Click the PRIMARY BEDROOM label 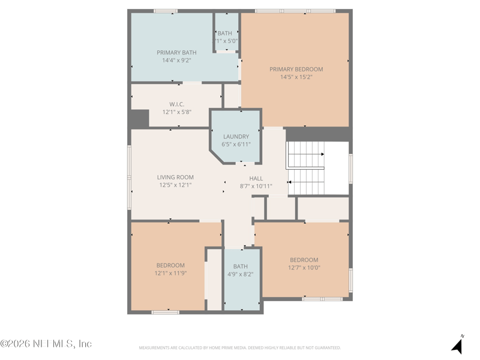point(296,69)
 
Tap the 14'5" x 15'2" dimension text point(296,77)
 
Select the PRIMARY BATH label point(176,52)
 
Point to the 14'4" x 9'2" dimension point(176,60)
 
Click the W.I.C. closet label point(176,104)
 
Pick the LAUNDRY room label point(236,136)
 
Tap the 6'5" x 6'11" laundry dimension point(236,144)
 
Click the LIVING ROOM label point(175,177)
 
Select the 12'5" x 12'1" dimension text point(175,185)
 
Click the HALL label point(256,178)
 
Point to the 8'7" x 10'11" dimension point(256,186)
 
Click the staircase point(307,169)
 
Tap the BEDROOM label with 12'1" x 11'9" point(170,265)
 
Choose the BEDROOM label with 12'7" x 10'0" point(304,260)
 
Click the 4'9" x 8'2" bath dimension point(240,274)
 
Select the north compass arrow point(458,345)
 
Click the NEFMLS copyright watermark point(46,344)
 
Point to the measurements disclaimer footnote point(240,347)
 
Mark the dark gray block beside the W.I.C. point(139,118)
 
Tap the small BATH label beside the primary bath point(225,33)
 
